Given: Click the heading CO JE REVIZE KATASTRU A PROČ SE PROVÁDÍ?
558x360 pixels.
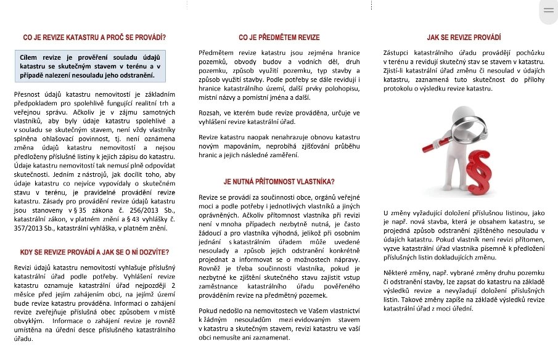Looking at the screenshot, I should pos(94,38).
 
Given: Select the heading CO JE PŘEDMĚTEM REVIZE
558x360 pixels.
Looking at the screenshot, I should pos(279,38).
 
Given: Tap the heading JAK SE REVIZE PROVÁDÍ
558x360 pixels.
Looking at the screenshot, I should pos(464,38).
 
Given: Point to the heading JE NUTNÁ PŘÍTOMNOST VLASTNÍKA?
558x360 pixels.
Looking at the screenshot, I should pos(279,181).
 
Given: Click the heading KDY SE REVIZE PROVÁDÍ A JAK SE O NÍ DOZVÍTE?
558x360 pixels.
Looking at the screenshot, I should pos(94,252).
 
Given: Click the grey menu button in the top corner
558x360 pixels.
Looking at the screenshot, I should pos(548,10).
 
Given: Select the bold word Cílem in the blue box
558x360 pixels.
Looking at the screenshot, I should pos(30,56).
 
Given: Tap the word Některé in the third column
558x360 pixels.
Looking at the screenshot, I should pos(396,272).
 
